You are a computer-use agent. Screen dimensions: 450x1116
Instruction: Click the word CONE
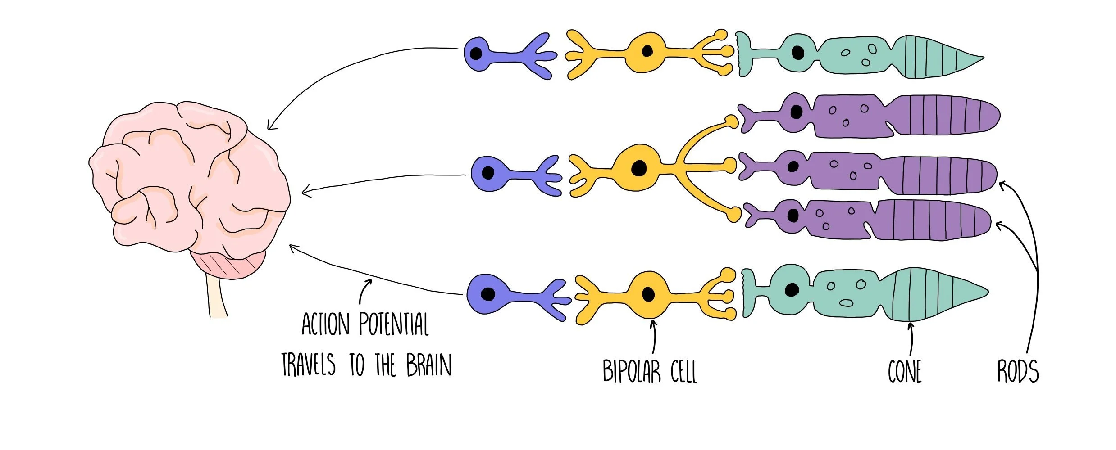coord(905,372)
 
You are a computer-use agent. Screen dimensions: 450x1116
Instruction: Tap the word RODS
coord(1018,372)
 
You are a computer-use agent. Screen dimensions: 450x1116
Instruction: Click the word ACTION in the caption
coord(325,324)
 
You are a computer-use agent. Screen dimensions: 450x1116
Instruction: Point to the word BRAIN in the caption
coord(428,365)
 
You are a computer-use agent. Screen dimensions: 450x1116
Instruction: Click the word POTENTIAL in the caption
coord(394,324)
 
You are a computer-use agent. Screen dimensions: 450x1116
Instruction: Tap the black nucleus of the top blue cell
coord(476,54)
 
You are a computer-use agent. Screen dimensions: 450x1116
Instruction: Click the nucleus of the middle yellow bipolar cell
coord(638,168)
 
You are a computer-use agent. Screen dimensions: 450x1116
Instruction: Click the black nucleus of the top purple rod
coord(796,112)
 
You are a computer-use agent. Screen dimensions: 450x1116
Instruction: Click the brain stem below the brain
coord(217,297)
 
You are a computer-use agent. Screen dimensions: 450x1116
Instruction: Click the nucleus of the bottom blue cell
coord(487,294)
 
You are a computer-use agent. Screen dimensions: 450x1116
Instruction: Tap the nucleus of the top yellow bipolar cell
coord(647,51)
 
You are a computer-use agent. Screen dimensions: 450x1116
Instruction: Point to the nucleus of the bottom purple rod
coord(793,216)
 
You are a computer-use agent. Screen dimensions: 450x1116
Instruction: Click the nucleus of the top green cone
coord(797,53)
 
